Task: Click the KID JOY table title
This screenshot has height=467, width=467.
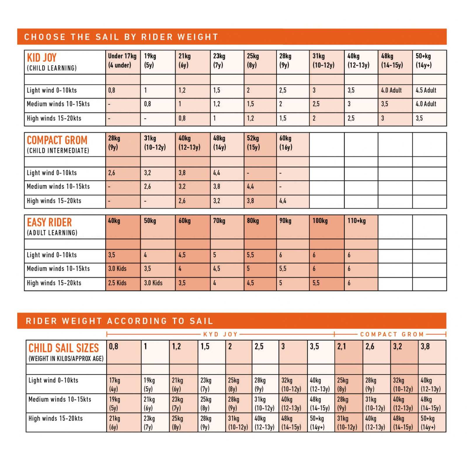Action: (42, 58)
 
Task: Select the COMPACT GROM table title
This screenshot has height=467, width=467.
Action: (57, 140)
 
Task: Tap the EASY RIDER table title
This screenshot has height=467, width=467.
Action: (49, 223)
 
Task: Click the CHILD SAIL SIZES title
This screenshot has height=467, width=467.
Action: (64, 348)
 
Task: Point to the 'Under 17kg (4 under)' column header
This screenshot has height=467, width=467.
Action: (122, 60)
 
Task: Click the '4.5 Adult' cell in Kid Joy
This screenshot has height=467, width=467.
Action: (426, 90)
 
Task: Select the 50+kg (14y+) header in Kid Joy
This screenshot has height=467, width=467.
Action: (424, 60)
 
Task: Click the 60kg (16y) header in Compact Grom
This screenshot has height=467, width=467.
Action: (285, 143)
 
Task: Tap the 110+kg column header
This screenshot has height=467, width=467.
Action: (356, 221)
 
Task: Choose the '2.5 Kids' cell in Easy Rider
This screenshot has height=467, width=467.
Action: (117, 283)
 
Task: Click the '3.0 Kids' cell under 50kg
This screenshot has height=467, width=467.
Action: (153, 283)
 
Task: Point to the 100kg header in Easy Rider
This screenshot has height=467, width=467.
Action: (320, 221)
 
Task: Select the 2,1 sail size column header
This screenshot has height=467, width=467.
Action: (342, 347)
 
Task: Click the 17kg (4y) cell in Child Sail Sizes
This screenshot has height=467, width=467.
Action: (115, 384)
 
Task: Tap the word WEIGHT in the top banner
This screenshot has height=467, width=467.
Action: (198, 37)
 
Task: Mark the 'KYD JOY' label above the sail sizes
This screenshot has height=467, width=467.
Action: (221, 334)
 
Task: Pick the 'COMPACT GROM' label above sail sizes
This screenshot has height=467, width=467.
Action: (392, 334)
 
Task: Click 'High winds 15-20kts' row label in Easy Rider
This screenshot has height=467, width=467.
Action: (54, 283)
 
